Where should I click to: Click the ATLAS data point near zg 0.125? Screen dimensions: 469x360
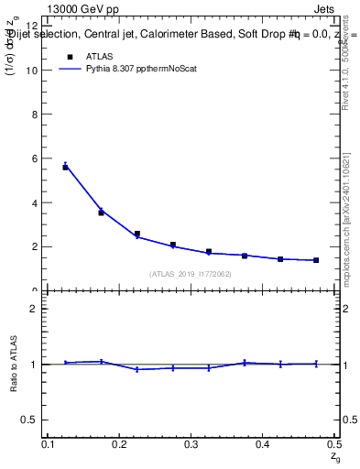tap(66, 167)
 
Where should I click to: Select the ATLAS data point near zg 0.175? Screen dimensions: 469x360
tap(102, 213)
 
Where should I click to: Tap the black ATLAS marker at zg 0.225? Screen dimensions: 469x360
tap(137, 234)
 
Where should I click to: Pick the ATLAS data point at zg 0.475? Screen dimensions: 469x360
tap(316, 260)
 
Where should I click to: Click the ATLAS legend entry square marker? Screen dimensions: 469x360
tap(69, 56)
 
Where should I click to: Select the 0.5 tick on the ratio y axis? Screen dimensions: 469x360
tap(32, 420)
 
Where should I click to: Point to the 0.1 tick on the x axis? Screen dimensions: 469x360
tap(49, 445)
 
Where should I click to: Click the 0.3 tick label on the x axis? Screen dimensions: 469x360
tap(191, 445)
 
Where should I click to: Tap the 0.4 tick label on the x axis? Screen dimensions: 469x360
tap(262, 445)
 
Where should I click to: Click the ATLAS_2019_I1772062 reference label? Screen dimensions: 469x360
tap(191, 274)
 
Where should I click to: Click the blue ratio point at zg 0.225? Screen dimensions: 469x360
tap(137, 369)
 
